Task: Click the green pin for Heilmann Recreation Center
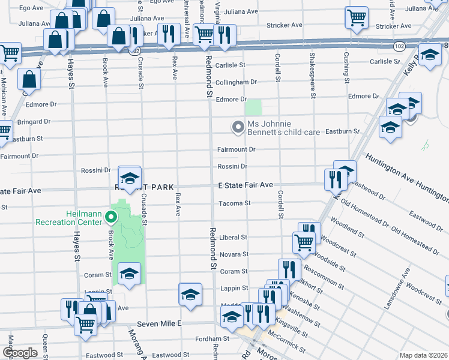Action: pos(110,217)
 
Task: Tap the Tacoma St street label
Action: pos(234,203)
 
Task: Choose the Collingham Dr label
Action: pos(236,82)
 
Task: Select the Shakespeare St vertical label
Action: pos(312,75)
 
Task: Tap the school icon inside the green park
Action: pos(128,274)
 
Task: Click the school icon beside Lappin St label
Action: pos(190,294)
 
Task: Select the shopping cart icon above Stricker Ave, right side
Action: pos(357,17)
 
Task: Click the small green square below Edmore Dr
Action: pos(254,107)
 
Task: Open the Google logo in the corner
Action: pos(20,353)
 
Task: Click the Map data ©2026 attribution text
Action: pos(423,355)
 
